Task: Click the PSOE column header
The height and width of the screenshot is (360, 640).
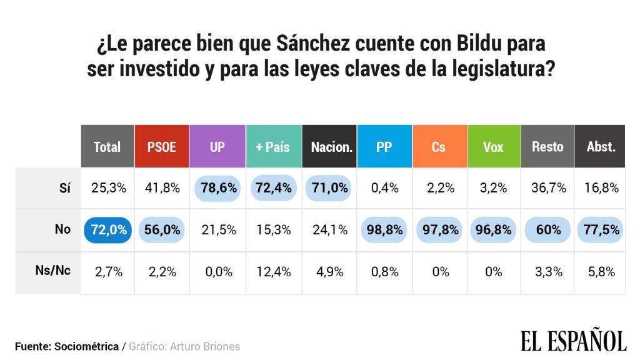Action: (162, 147)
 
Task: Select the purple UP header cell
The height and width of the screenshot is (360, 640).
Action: (217, 147)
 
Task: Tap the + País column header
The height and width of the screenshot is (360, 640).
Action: (273, 147)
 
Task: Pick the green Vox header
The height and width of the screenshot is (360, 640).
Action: (494, 147)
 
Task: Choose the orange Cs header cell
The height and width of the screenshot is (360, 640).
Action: (439, 147)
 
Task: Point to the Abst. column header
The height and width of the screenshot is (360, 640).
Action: (601, 147)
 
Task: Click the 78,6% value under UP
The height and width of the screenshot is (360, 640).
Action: (217, 188)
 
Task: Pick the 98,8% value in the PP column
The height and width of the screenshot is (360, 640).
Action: (384, 230)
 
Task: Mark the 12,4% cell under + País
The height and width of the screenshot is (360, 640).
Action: (273, 272)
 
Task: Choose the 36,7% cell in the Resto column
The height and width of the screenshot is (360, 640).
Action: (547, 188)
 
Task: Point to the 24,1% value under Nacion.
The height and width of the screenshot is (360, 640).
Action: (329, 230)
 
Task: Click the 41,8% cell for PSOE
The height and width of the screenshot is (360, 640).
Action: (162, 188)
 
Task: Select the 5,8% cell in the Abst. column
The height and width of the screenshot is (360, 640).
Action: (601, 272)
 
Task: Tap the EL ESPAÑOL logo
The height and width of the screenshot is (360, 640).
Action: (573, 340)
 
